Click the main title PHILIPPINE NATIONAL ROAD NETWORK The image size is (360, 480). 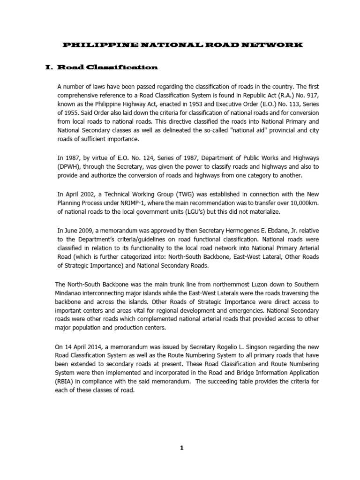[183, 45]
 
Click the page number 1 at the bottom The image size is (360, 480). [182, 448]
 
